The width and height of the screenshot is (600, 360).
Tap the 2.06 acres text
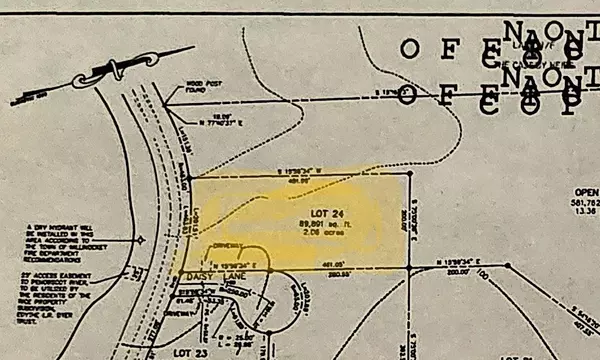coord(317,232)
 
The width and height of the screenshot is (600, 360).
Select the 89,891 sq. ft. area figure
coord(317,223)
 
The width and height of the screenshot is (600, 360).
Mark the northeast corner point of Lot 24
coord(410,172)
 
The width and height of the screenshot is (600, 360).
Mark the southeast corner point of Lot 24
coord(411,265)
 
